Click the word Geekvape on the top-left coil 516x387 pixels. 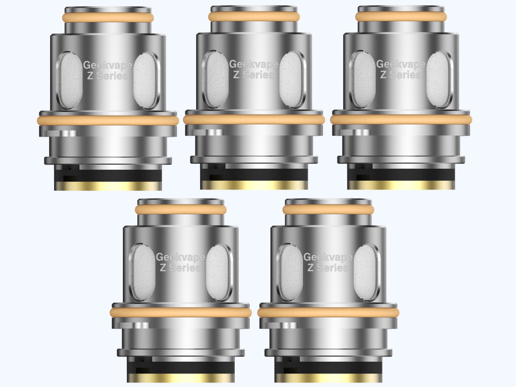[108, 65]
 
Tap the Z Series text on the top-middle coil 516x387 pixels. [253, 75]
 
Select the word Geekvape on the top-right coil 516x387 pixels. [400, 64]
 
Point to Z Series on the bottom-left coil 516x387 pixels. [180, 268]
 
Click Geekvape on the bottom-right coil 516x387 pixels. [328, 257]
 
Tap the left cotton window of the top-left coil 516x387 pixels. [70, 80]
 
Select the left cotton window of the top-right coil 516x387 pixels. [363, 79]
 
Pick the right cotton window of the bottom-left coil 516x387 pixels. [218, 272]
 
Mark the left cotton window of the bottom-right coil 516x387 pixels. [291, 272]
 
